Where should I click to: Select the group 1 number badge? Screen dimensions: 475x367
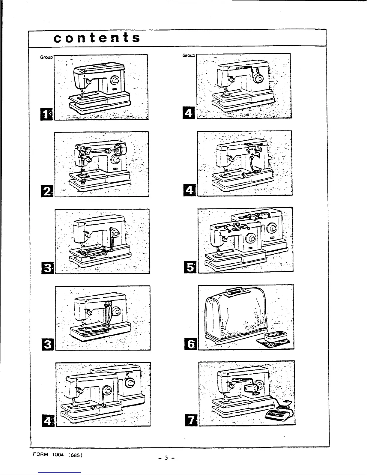coord(48,114)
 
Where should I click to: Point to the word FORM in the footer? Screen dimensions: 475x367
coord(39,454)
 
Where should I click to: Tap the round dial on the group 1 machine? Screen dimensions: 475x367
coord(115,80)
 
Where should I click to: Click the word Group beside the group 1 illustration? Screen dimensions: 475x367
coord(46,57)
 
